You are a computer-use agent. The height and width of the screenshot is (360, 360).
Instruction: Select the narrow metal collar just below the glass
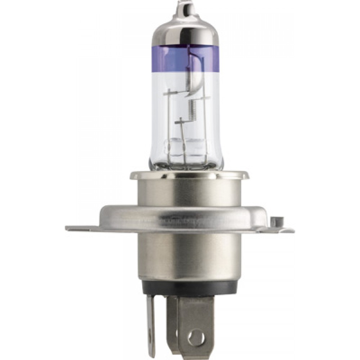click(x=189, y=176)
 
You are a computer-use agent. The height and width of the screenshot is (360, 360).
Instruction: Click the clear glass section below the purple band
click(x=166, y=108)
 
